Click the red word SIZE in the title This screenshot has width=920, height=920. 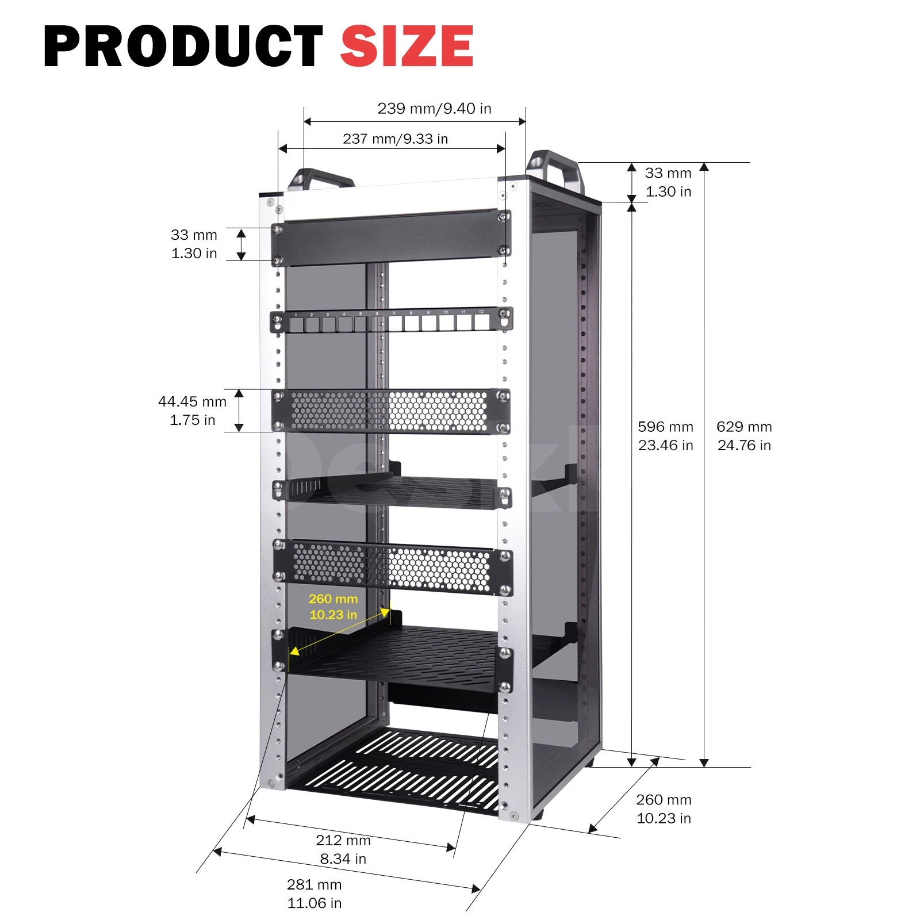407,46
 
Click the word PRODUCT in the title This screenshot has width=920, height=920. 183,46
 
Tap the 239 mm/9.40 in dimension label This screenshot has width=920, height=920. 434,109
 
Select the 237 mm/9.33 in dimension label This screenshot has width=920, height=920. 395,139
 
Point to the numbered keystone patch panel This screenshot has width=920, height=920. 391,321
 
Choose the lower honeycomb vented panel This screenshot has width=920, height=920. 391,566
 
